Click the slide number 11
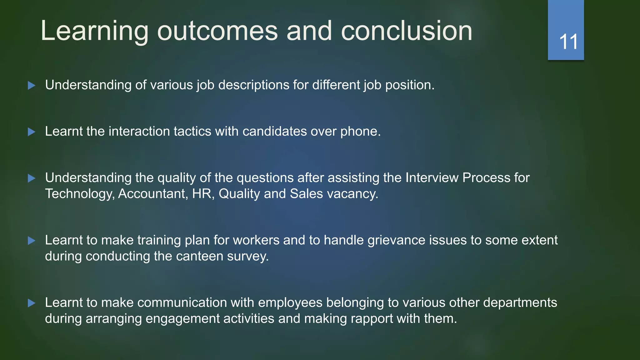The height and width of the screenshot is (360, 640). pos(568,42)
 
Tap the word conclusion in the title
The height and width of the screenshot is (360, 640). pos(406,31)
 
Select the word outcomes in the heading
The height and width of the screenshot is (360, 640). pos(217,31)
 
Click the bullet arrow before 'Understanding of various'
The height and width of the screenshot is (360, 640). pos(32,85)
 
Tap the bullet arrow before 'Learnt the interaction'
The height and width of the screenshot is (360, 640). pos(32,132)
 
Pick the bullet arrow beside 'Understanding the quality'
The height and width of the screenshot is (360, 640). pos(32,178)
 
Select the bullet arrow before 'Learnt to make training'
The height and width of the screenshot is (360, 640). pos(32,241)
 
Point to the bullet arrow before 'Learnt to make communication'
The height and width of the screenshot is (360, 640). pos(32,303)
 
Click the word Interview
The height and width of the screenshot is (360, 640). pos(432,178)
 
